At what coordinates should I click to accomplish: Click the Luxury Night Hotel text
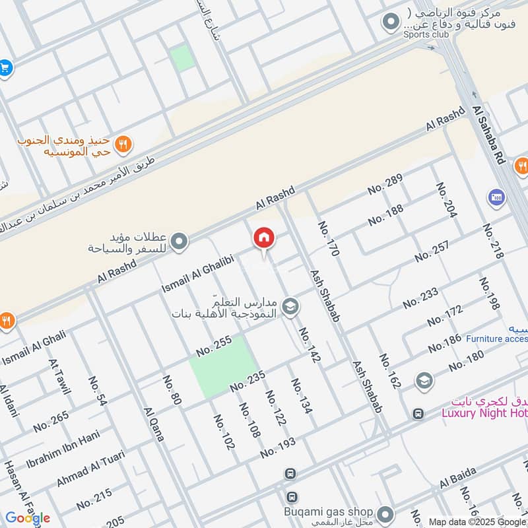[484, 413]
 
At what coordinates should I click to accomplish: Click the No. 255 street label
[214, 346]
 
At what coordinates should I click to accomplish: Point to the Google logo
[28, 518]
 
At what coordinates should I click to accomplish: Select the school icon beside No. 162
[424, 381]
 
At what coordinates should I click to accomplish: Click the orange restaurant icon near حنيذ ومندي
[123, 143]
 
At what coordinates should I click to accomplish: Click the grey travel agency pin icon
[179, 242]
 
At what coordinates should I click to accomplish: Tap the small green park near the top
[183, 58]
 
